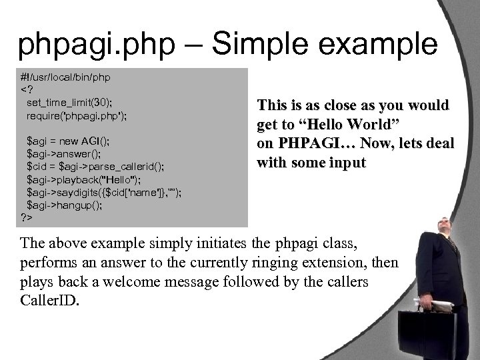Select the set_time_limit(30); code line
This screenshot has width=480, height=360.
point(69,103)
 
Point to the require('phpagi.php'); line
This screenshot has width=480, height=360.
point(77,115)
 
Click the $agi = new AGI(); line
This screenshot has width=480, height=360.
point(68,141)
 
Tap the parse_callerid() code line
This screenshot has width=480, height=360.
point(93,166)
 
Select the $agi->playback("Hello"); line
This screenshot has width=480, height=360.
point(82,179)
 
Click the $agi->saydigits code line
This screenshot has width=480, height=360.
point(104,192)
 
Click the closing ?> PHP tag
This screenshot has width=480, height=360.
point(27,217)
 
